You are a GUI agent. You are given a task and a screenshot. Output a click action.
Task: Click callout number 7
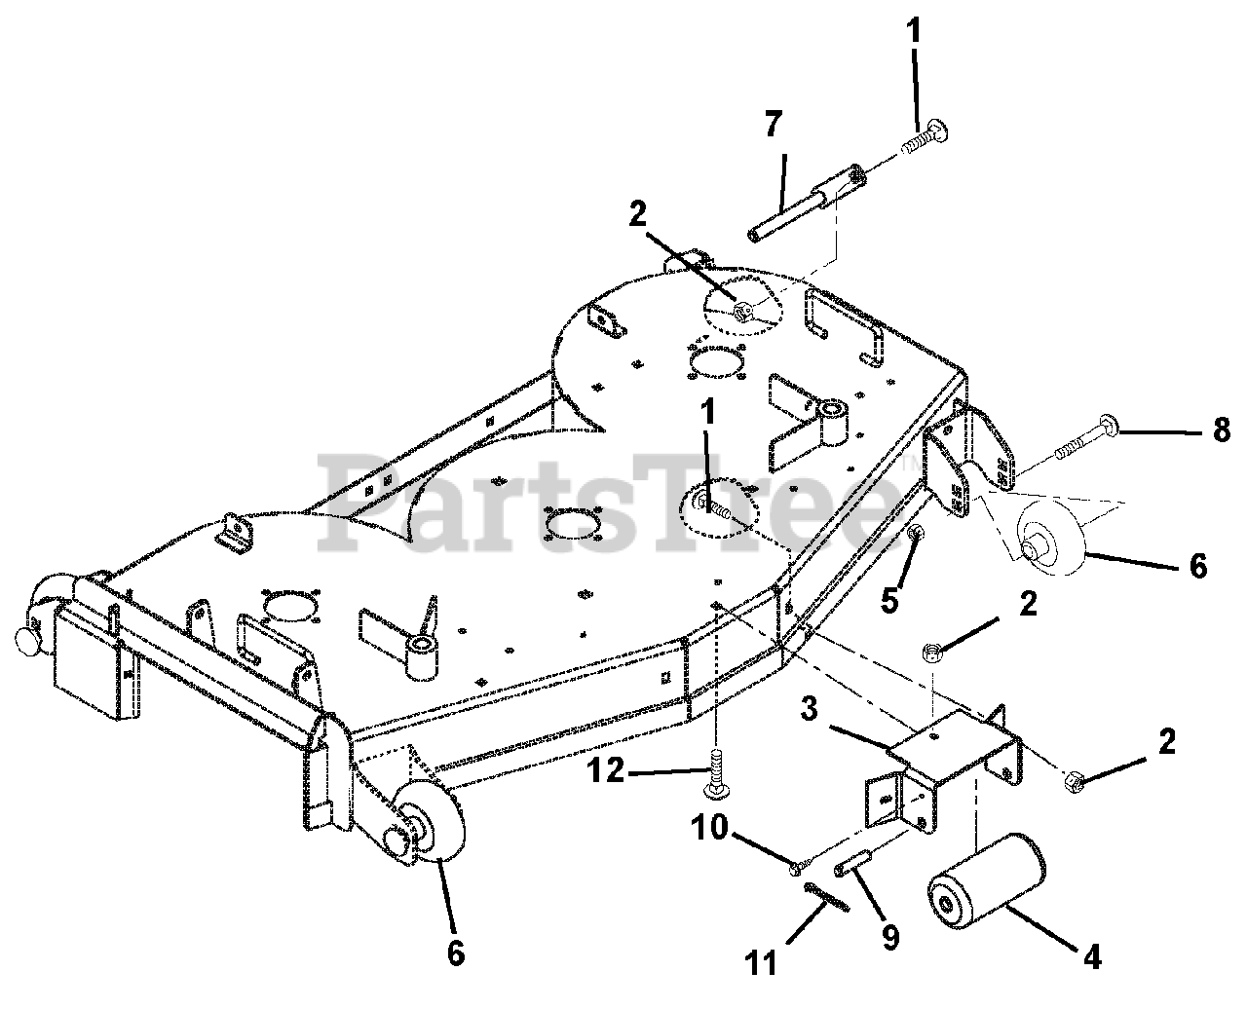(773, 127)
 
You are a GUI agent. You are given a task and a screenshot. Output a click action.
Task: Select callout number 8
(1221, 430)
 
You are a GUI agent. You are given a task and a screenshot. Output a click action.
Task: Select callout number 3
(808, 708)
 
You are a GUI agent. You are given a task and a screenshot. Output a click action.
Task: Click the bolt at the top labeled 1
(926, 137)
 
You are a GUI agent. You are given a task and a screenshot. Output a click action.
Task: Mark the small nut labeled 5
(915, 534)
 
